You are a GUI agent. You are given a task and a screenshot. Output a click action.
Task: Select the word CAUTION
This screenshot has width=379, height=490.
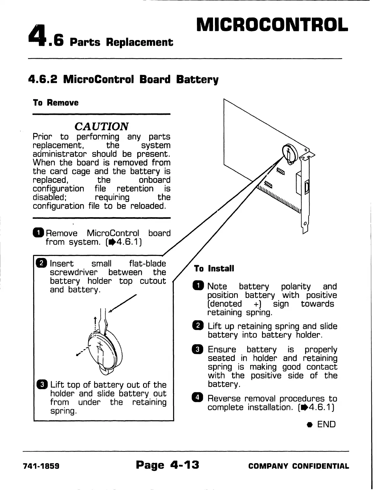(x=102, y=126)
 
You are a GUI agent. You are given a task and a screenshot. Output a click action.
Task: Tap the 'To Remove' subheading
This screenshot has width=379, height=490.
(x=56, y=103)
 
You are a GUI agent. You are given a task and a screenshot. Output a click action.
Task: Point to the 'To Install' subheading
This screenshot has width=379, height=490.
(x=214, y=268)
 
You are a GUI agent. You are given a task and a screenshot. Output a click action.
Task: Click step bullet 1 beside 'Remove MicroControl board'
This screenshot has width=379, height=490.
(x=38, y=233)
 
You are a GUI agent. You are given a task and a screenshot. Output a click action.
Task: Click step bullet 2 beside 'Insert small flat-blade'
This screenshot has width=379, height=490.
(x=42, y=264)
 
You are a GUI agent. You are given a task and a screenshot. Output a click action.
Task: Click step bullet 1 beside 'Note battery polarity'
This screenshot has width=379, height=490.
(x=198, y=286)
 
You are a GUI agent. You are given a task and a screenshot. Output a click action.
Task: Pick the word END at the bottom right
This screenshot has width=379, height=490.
(x=326, y=424)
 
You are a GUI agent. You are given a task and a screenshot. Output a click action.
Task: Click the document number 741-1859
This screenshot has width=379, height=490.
(x=41, y=466)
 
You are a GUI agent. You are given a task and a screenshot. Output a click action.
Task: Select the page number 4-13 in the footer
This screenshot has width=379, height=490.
(x=185, y=465)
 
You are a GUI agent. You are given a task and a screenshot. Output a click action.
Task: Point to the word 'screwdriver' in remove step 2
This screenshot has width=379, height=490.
(x=73, y=273)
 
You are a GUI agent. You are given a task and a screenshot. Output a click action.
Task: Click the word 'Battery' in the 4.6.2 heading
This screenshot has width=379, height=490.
(x=197, y=80)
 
